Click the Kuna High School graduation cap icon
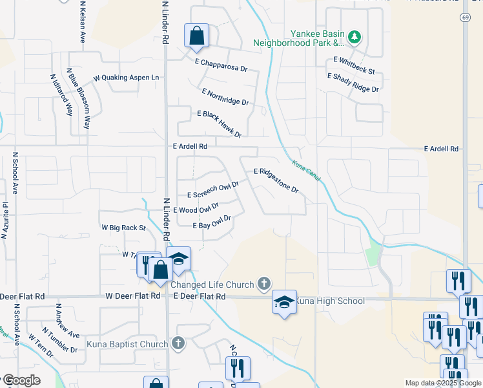click(284, 302)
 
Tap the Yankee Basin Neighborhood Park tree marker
click(354, 37)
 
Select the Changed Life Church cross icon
click(263, 283)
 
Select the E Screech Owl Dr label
click(213, 190)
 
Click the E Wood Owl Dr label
click(196, 208)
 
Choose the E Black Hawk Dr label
click(219, 124)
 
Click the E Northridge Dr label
click(225, 97)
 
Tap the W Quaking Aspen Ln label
click(126, 78)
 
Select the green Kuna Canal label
click(306, 171)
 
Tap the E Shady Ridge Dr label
click(353, 82)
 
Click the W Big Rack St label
click(124, 228)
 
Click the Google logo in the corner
click(21, 380)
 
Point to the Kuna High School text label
click(330, 301)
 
